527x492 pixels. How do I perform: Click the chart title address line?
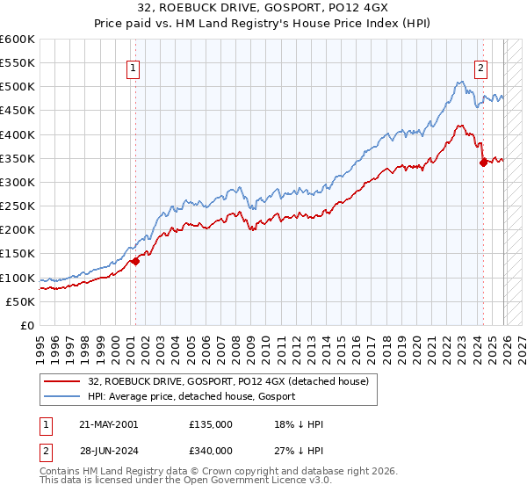[x=263, y=8]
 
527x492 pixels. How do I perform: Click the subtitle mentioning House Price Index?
[x=263, y=23]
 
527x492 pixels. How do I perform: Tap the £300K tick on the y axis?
[x=18, y=182]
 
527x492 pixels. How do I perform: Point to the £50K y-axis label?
[x=20, y=301]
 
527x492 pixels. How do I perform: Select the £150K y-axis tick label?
[x=18, y=253]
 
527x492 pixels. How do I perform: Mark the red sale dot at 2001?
[x=136, y=260]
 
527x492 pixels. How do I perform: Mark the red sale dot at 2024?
[x=484, y=162]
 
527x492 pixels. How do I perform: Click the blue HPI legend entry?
[x=191, y=396]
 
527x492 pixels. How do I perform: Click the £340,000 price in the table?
[x=210, y=450]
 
